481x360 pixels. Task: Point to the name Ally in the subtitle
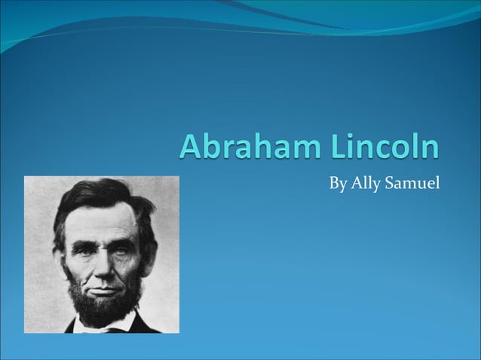(x=364, y=183)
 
